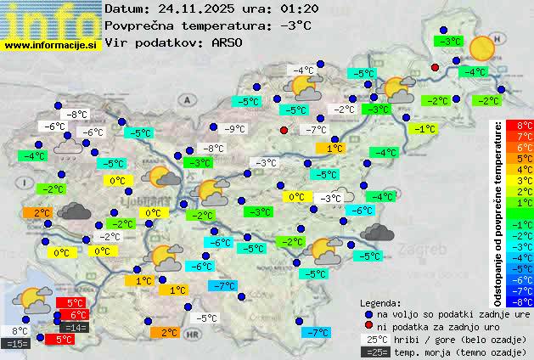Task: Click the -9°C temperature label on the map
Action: tap(233, 129)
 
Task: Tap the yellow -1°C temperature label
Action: tap(425, 129)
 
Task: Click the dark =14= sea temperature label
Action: tap(74, 327)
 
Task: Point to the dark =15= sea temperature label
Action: tap(16, 343)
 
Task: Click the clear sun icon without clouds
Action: tap(482, 48)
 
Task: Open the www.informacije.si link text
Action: tap(51, 44)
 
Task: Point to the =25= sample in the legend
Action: tap(378, 351)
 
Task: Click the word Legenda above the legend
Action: tap(380, 302)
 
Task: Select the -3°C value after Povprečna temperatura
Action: tap(295, 25)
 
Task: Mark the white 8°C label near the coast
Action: tap(20, 331)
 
